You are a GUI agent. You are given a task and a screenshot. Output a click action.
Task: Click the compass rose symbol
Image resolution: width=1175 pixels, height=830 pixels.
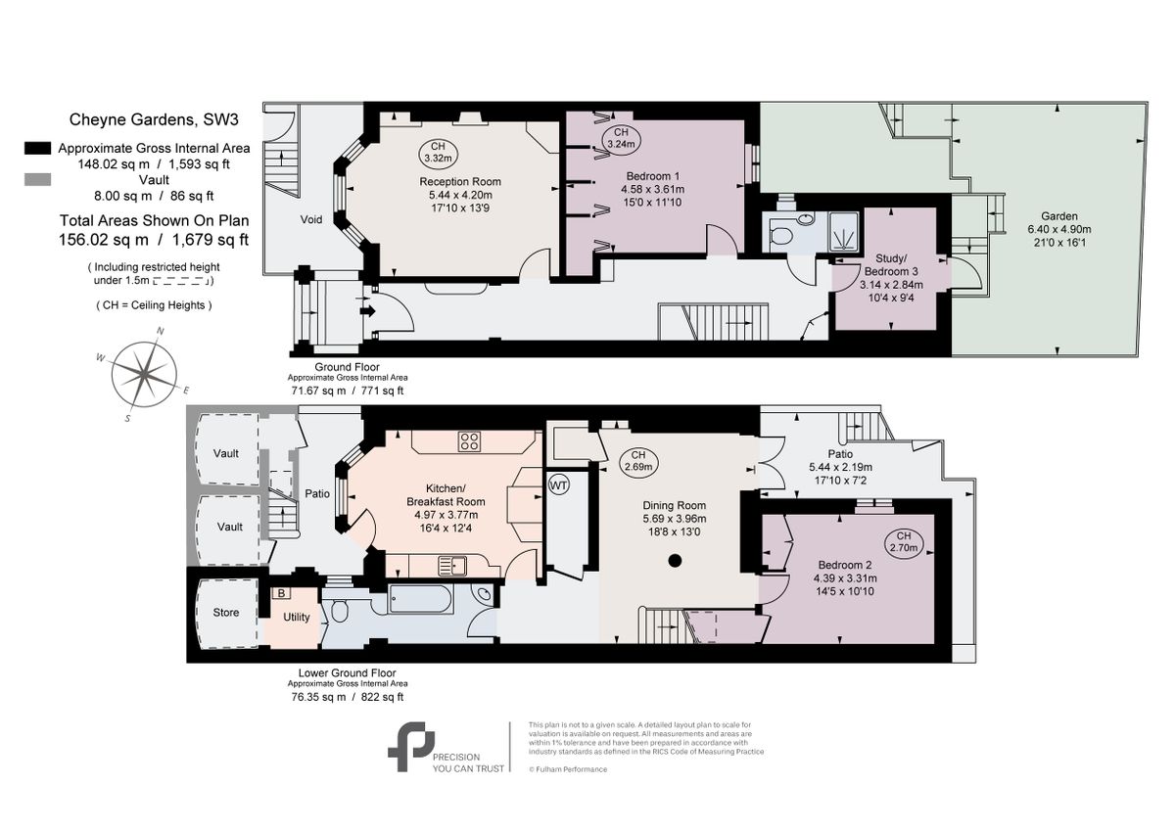(x=145, y=374)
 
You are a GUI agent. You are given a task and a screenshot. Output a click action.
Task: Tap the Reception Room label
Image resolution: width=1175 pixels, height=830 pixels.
(x=460, y=182)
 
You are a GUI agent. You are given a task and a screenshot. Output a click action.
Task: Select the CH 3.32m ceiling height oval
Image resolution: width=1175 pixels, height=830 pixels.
(x=437, y=152)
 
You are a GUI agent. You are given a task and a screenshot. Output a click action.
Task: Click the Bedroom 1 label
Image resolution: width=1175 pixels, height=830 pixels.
(x=652, y=175)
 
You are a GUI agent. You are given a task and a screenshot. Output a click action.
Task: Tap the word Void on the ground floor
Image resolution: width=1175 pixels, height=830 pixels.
(x=311, y=220)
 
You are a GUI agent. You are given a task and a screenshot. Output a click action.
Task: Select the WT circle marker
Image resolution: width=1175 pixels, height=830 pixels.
(x=559, y=484)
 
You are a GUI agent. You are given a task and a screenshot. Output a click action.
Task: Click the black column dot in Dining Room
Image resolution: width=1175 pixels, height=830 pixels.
(x=675, y=561)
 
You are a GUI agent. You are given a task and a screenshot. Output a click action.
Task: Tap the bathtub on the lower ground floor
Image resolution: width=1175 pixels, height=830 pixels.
(x=421, y=598)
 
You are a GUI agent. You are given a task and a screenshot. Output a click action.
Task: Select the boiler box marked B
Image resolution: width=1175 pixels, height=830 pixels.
(x=281, y=593)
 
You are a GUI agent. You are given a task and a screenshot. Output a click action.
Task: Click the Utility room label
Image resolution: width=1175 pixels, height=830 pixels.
(x=297, y=618)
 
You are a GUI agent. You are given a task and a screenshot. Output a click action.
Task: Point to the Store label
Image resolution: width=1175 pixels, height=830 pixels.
(x=226, y=614)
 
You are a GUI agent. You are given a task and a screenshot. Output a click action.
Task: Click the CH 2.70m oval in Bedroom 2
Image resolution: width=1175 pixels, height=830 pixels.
(x=903, y=542)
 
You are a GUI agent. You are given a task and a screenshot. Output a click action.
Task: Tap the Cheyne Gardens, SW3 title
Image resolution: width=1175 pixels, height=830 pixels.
(x=154, y=120)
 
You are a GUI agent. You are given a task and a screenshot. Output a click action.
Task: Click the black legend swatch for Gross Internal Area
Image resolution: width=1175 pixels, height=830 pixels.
(x=37, y=148)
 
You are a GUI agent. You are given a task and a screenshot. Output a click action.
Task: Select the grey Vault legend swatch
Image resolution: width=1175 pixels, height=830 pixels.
(x=37, y=180)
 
